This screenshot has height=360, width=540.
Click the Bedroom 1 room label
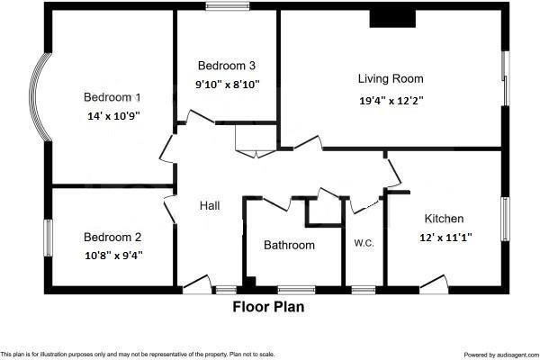coord(112,97)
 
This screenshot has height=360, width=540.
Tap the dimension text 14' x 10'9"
coord(112,115)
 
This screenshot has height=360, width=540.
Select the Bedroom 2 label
coord(112,238)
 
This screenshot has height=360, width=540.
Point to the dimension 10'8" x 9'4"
coord(112,255)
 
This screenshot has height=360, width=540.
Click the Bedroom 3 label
coord(227,66)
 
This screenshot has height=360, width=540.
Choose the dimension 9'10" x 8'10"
coord(227,84)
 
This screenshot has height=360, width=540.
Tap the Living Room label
coord(391,79)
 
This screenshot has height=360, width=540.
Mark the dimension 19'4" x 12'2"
coord(391,101)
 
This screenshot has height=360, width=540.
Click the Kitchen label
coord(444,219)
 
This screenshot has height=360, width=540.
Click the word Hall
coord(210,206)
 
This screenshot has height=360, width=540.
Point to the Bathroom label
coord(289,245)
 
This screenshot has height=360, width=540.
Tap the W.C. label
coord(364,243)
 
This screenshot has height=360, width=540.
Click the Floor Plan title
coord(269,307)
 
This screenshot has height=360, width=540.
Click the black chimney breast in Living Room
coord(389,18)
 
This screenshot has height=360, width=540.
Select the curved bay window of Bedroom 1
coord(40,97)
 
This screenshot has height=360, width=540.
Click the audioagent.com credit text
coord(500,355)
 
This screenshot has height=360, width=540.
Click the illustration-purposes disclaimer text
coord(137,355)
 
